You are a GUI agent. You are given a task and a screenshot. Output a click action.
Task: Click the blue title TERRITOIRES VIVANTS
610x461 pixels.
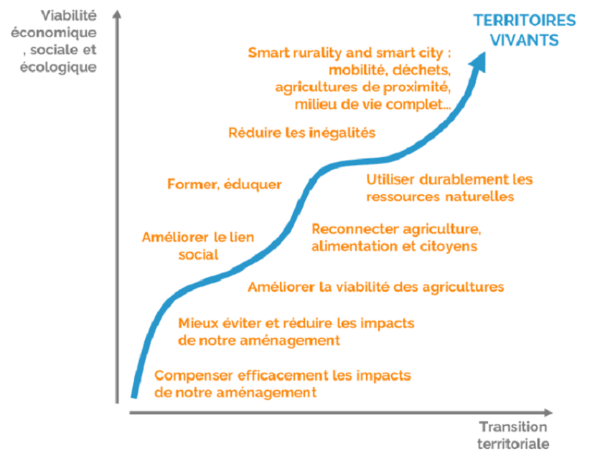(525, 30)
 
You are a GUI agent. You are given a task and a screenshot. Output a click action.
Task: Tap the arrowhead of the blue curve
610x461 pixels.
(479, 62)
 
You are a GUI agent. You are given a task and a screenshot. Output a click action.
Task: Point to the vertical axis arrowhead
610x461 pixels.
(117, 14)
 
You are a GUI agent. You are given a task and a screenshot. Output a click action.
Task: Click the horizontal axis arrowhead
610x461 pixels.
(548, 412)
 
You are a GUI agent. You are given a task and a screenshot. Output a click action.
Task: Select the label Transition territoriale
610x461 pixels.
(513, 435)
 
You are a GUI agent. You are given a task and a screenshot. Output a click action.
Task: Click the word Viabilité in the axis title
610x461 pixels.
(68, 16)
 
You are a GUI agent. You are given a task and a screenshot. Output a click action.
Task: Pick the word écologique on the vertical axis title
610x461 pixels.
(58, 67)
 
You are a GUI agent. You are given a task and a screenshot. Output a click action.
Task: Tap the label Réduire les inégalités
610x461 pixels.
(301, 133)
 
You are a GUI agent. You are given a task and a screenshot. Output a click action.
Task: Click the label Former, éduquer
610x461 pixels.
(224, 184)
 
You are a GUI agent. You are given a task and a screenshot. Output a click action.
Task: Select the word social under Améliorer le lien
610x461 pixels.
(198, 255)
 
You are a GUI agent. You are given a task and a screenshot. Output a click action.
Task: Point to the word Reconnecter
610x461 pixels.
(355, 229)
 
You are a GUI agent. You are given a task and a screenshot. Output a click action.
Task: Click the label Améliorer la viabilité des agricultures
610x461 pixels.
(376, 287)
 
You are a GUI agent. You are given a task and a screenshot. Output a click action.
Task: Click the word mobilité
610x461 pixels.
(358, 70)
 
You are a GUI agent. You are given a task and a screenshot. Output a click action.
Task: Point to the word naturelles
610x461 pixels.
(479, 196)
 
